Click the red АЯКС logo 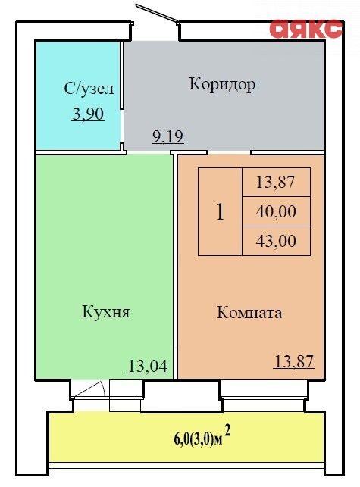tap(306, 29)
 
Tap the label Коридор tap(222, 84)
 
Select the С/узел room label tap(89, 89)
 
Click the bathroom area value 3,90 tap(88, 114)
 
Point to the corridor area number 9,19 tap(168, 136)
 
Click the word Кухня tap(105, 311)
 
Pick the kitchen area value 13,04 tap(148, 366)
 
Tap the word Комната tap(249, 313)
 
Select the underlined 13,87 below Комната tap(294, 361)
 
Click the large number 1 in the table tap(220, 212)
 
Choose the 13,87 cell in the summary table tap(276, 182)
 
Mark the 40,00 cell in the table tap(276, 211)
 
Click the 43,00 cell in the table tap(276, 241)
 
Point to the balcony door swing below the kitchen tap(90, 389)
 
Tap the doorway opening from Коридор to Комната tap(229, 152)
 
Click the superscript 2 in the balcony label tap(227, 431)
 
